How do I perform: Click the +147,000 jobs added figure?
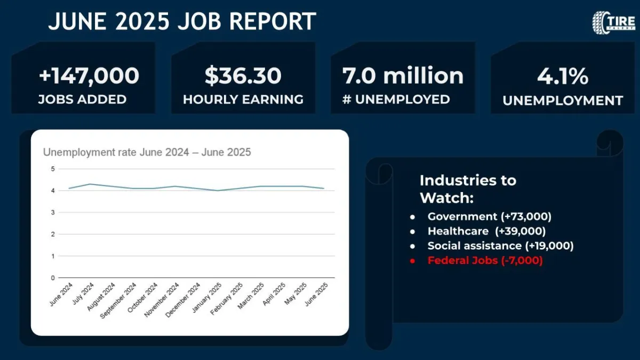pyautogui.click(x=89, y=76)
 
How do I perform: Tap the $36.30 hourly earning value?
pyautogui.click(x=243, y=76)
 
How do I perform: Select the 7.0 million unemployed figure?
pyautogui.click(x=403, y=76)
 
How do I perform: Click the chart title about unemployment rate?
pyautogui.click(x=147, y=153)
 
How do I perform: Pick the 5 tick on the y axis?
pyautogui.click(x=53, y=169)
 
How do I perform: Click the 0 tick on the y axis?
pyautogui.click(x=53, y=278)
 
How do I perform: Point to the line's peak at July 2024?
pyautogui.click(x=90, y=184)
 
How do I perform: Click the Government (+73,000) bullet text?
pyautogui.click(x=489, y=217)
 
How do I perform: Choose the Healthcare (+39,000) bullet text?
pyautogui.click(x=486, y=231)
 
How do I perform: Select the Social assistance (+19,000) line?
pyautogui.click(x=500, y=246)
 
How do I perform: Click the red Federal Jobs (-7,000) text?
pyautogui.click(x=485, y=261)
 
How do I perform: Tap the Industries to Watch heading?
pyautogui.click(x=468, y=189)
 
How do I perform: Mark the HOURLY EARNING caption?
pyautogui.click(x=243, y=99)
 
